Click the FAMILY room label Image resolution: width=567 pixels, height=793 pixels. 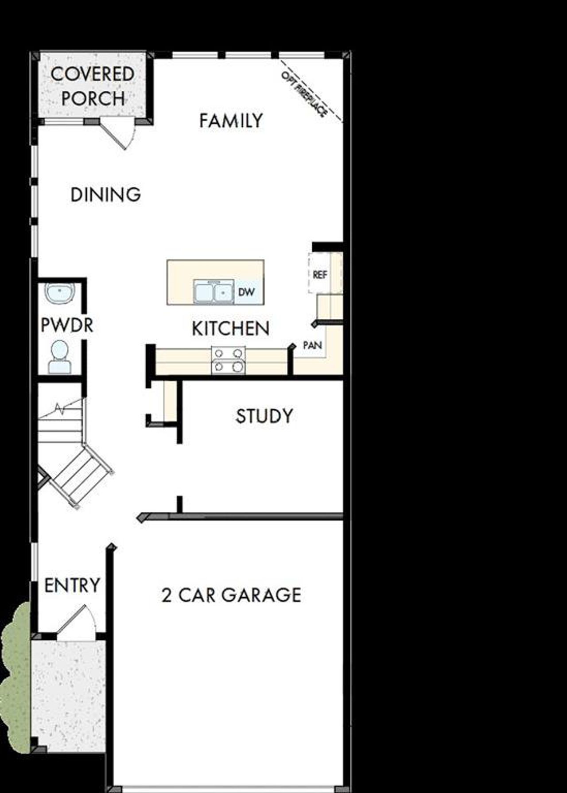click(231, 121)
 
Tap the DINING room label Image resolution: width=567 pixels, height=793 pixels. click(106, 195)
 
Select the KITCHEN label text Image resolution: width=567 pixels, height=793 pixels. click(230, 329)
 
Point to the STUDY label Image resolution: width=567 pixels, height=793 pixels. click(264, 416)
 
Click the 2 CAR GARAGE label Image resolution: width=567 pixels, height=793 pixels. click(231, 595)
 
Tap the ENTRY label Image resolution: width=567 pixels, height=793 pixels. click(72, 585)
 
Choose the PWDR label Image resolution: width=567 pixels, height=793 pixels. click(67, 325)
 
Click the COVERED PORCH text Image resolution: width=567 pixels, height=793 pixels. click(93, 86)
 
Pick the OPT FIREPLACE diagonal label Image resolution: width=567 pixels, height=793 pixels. click(305, 94)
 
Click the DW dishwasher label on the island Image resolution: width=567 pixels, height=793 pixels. click(246, 292)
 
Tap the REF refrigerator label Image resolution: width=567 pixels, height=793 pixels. click(320, 275)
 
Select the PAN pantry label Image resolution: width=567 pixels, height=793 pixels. click(312, 345)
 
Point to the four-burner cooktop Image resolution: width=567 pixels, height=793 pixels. click(228, 360)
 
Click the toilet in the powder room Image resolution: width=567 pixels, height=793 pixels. click(60, 357)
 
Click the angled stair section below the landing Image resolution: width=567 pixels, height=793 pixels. click(80, 476)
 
